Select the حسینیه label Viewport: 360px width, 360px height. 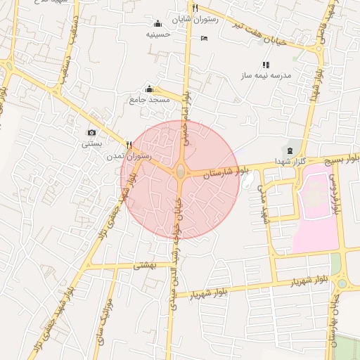159,34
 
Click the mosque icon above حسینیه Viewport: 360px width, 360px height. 157,23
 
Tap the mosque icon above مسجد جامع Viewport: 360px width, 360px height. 149,89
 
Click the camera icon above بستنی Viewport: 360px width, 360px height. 91,132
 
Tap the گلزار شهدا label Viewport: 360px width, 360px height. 299,163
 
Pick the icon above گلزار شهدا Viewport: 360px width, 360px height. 289,151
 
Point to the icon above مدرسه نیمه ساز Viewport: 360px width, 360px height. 266,65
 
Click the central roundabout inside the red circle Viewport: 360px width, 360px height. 181,171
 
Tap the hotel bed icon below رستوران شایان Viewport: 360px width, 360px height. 204,37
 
